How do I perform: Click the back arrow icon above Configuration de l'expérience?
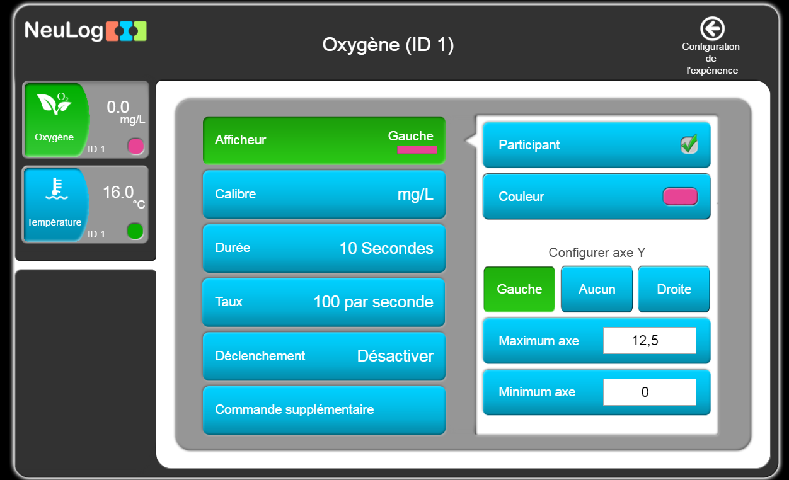[712, 28]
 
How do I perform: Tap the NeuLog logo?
[86, 31]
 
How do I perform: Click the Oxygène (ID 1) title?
[388, 45]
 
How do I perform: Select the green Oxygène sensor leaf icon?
[55, 103]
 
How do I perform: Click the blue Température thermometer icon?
[57, 189]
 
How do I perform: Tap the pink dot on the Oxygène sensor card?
[135, 146]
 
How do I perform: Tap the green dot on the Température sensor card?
[135, 231]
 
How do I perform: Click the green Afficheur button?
[324, 140]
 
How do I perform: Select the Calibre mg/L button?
[324, 194]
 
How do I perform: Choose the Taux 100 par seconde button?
[324, 302]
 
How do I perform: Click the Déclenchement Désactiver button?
[324, 356]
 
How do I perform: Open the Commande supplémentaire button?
[324, 410]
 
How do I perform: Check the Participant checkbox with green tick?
[689, 144]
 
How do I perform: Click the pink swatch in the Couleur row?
[680, 197]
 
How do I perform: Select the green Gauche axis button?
[519, 289]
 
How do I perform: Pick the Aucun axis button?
[597, 289]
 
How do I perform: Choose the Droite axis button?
[674, 289]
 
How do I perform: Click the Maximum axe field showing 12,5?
[650, 341]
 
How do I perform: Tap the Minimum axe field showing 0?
[650, 392]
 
